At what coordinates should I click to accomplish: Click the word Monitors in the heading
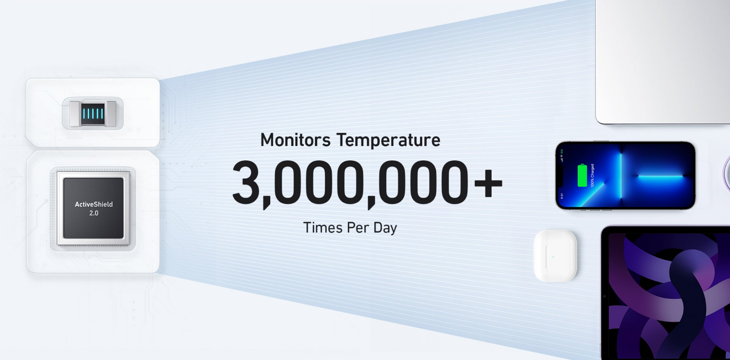click(x=295, y=140)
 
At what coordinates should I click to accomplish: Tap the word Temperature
click(x=388, y=140)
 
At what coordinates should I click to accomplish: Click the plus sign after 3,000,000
click(x=488, y=184)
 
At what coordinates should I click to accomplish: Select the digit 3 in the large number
click(x=246, y=182)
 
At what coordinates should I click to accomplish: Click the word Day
click(x=385, y=228)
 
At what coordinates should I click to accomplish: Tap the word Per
click(x=358, y=228)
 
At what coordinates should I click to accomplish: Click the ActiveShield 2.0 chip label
click(x=94, y=209)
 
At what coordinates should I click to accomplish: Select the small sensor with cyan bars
click(x=93, y=114)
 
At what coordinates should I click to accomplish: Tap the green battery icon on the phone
click(x=582, y=175)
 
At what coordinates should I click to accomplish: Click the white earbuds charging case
click(x=555, y=255)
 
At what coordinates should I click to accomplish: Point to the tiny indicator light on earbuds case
click(x=553, y=257)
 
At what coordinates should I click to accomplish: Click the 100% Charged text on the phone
click(x=592, y=175)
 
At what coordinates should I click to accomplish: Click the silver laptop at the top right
click(x=663, y=62)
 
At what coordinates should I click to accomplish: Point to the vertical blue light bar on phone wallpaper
click(x=621, y=175)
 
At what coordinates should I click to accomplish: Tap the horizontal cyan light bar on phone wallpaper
click(x=660, y=176)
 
